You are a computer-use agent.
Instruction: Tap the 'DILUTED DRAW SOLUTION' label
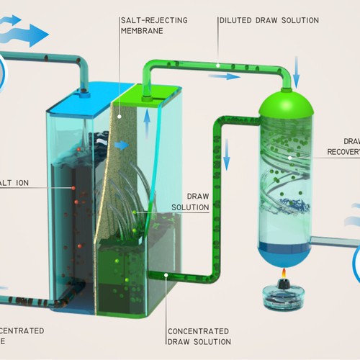click(268, 19)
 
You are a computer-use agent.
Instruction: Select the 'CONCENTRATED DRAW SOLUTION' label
click(199, 336)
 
